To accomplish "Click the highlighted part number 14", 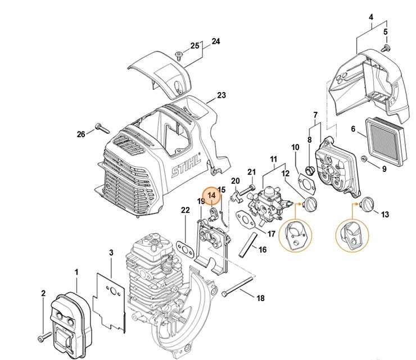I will click(212, 195).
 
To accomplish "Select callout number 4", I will click(370, 17).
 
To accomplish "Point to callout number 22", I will click(186, 210).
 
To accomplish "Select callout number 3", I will click(111, 253).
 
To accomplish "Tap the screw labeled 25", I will click(179, 55).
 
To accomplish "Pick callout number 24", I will click(215, 42).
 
